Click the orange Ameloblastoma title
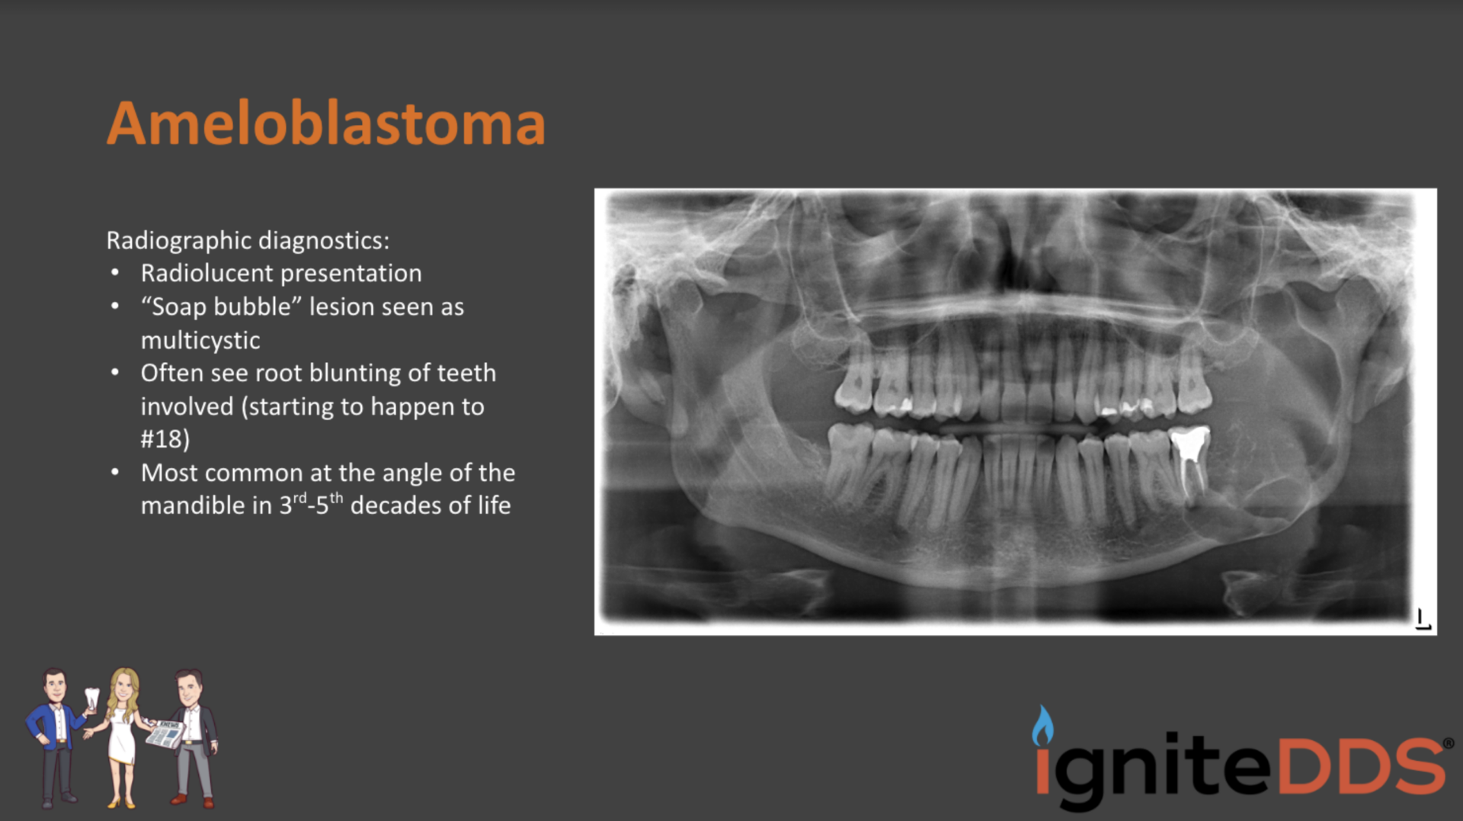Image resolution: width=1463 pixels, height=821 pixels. [x=326, y=123]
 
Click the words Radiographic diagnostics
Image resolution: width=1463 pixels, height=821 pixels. [x=247, y=241]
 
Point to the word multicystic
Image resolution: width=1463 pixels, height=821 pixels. [x=200, y=340]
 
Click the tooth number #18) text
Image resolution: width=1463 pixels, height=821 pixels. [x=165, y=439]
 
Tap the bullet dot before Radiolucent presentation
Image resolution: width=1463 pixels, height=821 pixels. [x=115, y=273]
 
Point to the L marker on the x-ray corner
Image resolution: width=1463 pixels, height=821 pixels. [x=1422, y=619]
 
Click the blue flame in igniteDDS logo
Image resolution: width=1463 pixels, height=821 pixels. [x=1042, y=726]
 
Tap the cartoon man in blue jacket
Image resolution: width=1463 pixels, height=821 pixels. [x=55, y=732]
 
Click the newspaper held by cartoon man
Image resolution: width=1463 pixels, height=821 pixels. [x=165, y=734]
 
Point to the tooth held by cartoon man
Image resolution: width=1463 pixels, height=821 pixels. [x=92, y=697]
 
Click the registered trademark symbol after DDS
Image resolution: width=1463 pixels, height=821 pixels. [x=1448, y=742]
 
